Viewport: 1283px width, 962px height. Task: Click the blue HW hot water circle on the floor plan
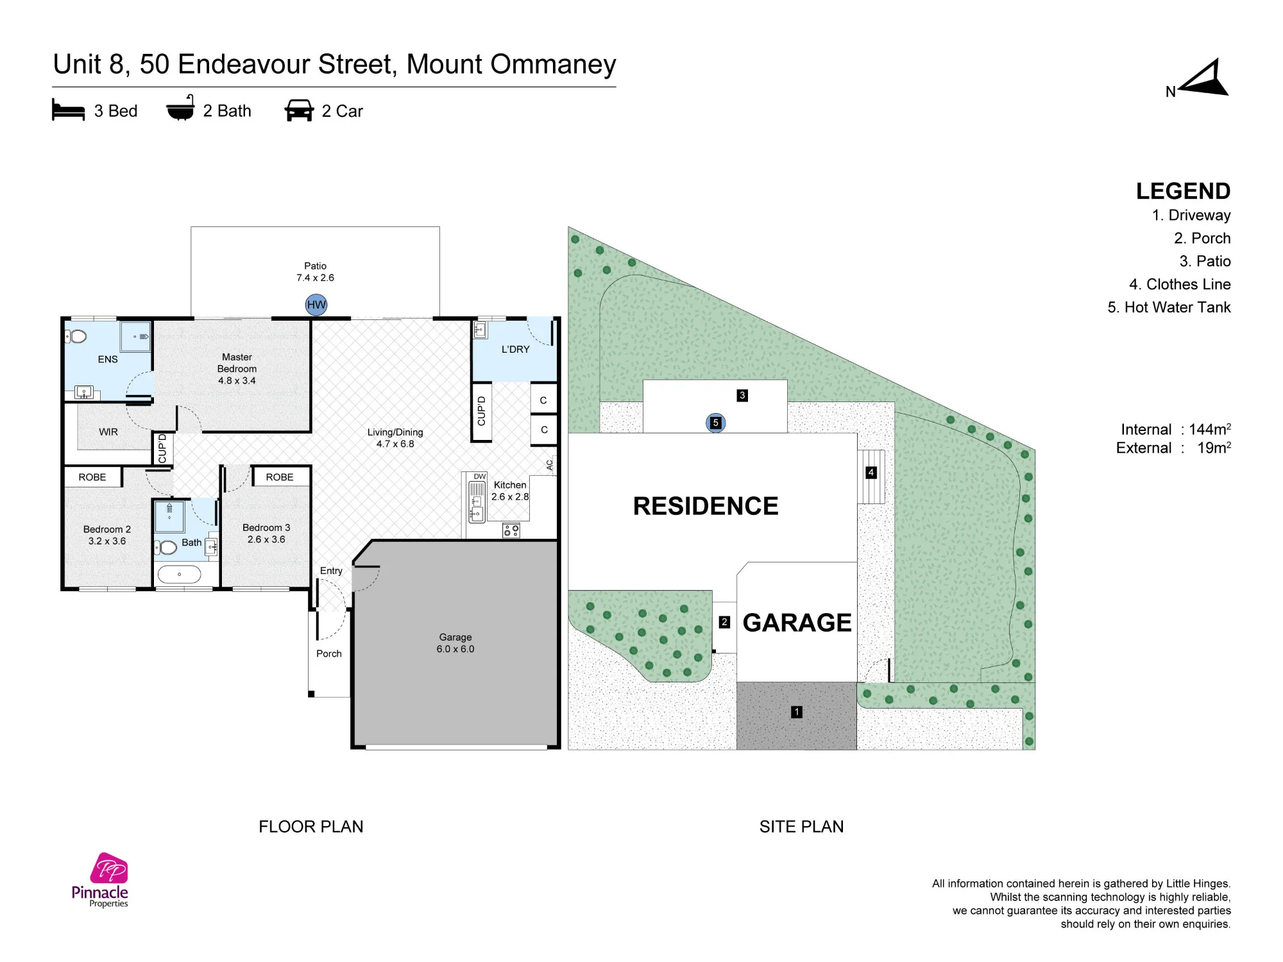[x=316, y=305]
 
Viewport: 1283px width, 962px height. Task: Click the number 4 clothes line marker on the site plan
[x=871, y=473]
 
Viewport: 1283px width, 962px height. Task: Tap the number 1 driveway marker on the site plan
[x=797, y=712]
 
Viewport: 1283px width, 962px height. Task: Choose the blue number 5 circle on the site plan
[x=715, y=423]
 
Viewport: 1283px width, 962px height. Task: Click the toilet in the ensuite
[x=76, y=336]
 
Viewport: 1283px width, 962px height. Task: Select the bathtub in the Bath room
[x=179, y=574]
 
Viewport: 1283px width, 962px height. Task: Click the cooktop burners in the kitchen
[x=511, y=530]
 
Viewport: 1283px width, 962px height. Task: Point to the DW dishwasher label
[x=480, y=477]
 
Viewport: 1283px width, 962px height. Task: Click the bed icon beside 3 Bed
[x=68, y=110]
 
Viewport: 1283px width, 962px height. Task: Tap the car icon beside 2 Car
[x=299, y=110]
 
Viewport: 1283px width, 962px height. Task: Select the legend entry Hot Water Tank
[x=1169, y=307]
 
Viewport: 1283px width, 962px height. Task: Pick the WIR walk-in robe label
[x=108, y=432]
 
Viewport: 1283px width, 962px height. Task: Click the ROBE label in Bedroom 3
[x=280, y=477]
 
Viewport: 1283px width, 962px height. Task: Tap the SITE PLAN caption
[x=802, y=827]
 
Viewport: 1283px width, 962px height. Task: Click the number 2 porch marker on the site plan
[x=724, y=622]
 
